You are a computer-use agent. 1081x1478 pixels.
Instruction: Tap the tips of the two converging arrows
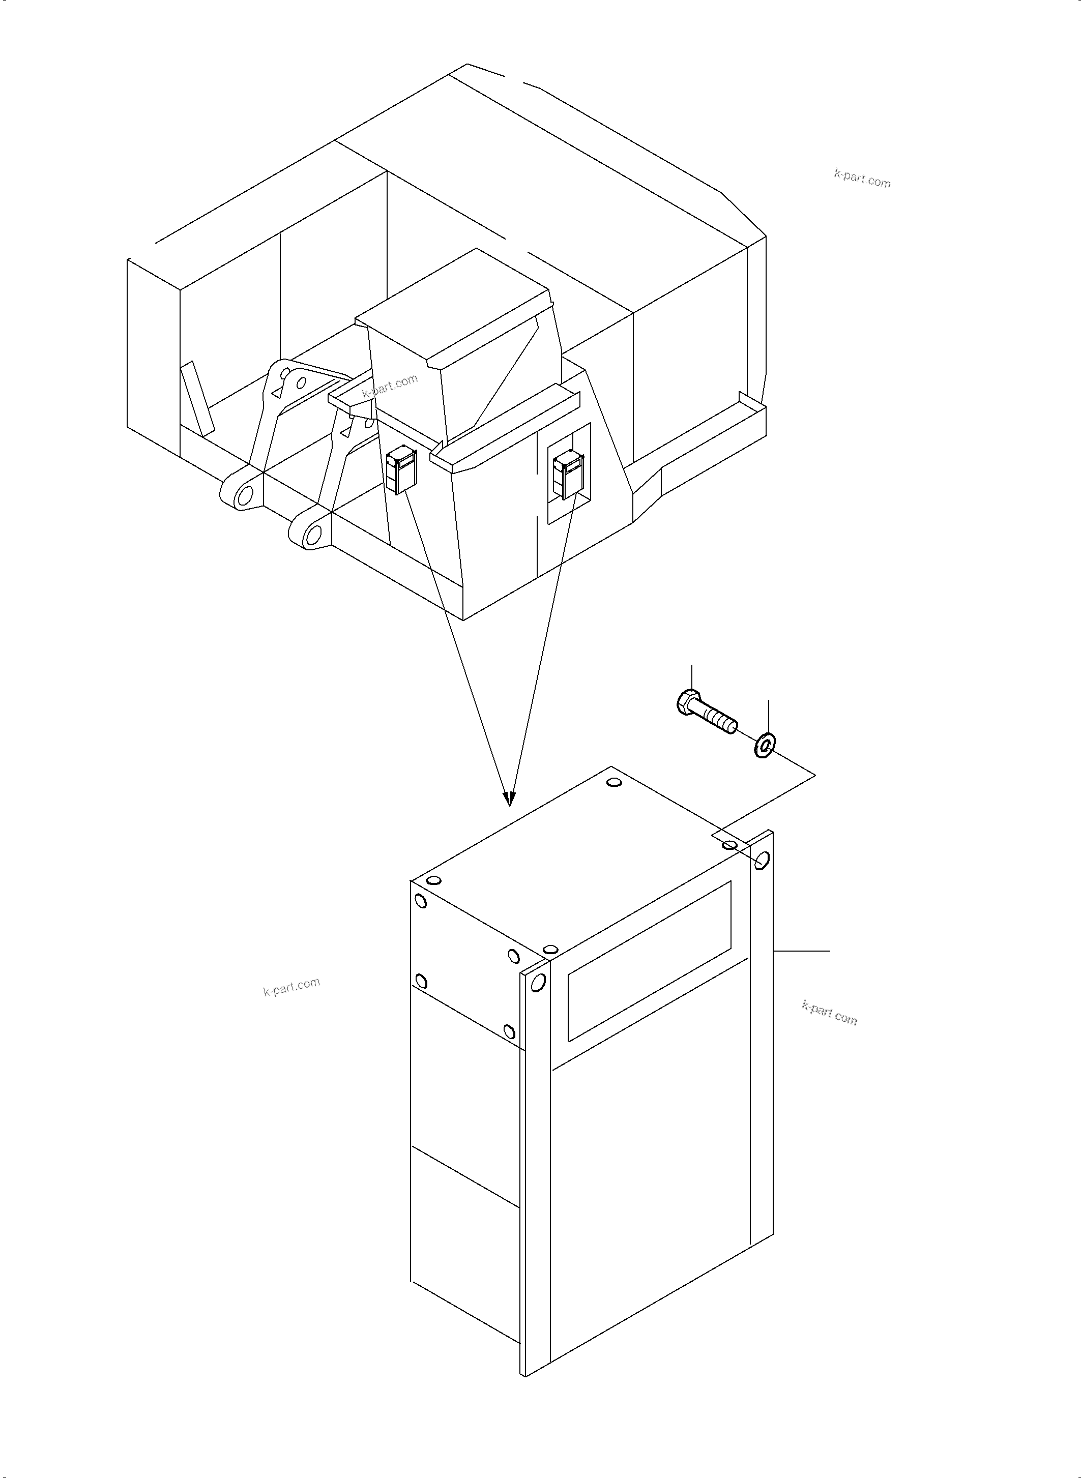point(509,800)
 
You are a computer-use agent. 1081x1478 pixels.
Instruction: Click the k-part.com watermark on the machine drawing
point(390,386)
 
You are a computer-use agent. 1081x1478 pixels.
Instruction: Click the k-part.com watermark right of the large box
point(829,1013)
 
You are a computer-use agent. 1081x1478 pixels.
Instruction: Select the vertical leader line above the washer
point(768,716)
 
